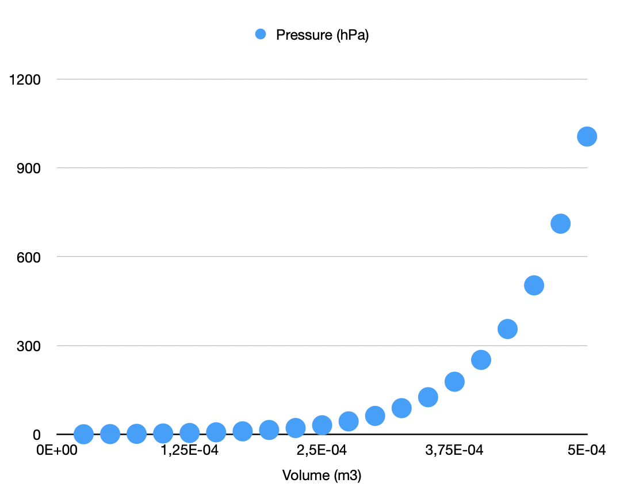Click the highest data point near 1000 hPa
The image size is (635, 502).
click(x=587, y=136)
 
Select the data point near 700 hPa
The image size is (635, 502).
click(x=560, y=223)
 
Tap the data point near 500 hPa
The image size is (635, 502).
click(x=534, y=285)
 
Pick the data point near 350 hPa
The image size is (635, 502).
click(x=507, y=329)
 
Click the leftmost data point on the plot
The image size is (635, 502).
click(x=83, y=434)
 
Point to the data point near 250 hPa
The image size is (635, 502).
click(x=481, y=360)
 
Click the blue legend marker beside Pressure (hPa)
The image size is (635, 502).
click(x=261, y=35)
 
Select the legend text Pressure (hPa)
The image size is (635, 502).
click(x=322, y=35)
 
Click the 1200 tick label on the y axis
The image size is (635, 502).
click(x=25, y=79)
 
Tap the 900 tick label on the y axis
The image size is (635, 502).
click(x=29, y=168)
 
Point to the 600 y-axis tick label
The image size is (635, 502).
click(x=29, y=257)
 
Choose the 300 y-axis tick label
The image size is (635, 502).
click(x=29, y=345)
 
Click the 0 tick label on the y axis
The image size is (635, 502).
click(x=36, y=434)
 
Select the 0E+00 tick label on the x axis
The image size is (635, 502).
click(x=56, y=450)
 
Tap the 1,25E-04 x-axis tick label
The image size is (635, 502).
click(x=189, y=450)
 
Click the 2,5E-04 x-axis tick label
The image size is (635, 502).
click(x=322, y=450)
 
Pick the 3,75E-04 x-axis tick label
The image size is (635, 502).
click(x=454, y=450)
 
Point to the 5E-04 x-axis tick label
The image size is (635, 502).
click(x=587, y=450)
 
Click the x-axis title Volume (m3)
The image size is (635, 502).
click(x=322, y=476)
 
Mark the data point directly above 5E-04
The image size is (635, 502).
click(x=587, y=136)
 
